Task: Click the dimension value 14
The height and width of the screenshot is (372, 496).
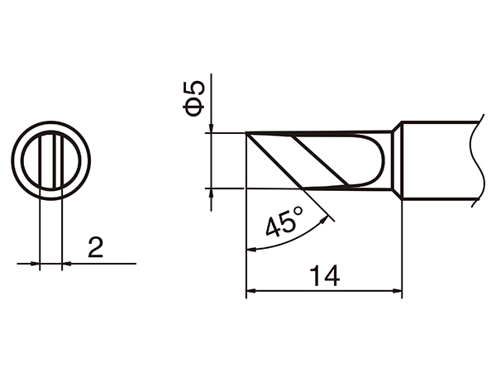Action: [325, 275]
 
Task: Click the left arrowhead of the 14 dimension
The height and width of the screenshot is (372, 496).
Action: [251, 290]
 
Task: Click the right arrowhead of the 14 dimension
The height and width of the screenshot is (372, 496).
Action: [398, 290]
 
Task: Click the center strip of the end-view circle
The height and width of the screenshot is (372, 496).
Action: [51, 160]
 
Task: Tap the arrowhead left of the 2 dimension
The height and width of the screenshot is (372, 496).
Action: [36, 265]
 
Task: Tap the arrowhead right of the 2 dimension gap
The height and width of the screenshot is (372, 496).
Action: [66, 265]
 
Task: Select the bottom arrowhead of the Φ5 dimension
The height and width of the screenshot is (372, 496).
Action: [212, 193]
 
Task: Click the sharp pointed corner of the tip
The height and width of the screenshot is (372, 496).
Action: [246, 133]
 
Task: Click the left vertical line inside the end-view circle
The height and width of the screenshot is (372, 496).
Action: [41, 160]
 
